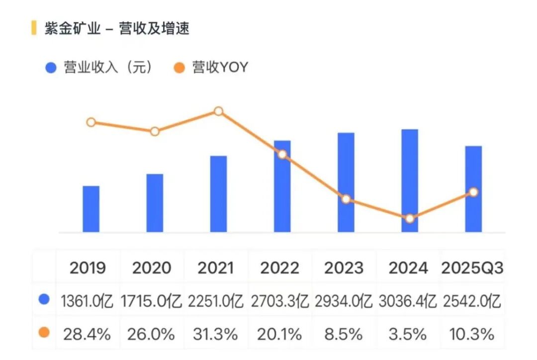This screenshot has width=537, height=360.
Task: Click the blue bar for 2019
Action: [x=91, y=209]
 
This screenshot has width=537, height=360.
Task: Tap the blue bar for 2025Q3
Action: [x=473, y=189]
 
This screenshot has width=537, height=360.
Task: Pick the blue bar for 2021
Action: [x=218, y=194]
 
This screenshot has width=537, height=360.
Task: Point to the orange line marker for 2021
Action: [x=218, y=111]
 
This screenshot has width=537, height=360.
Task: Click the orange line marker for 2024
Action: [x=410, y=218]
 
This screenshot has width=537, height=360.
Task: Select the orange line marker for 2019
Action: [x=91, y=122]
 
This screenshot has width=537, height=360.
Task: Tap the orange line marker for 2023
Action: [x=346, y=199]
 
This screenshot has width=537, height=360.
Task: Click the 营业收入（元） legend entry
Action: [x=99, y=68]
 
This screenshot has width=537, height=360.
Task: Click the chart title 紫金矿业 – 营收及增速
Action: [x=117, y=28]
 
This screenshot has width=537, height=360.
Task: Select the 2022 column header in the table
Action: [x=279, y=268]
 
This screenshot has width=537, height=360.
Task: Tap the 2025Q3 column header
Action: [x=472, y=268]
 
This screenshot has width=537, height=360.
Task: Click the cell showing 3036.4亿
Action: [x=408, y=301]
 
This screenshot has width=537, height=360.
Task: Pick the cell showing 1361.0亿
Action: [x=88, y=301]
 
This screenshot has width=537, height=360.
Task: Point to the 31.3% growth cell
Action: [x=216, y=334]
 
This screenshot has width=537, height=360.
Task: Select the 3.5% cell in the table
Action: [x=408, y=334]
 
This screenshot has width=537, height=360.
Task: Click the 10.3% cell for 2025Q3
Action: [x=472, y=334]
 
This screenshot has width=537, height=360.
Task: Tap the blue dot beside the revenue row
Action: [x=44, y=299]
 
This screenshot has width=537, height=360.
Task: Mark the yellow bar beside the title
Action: [x=34, y=28]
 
